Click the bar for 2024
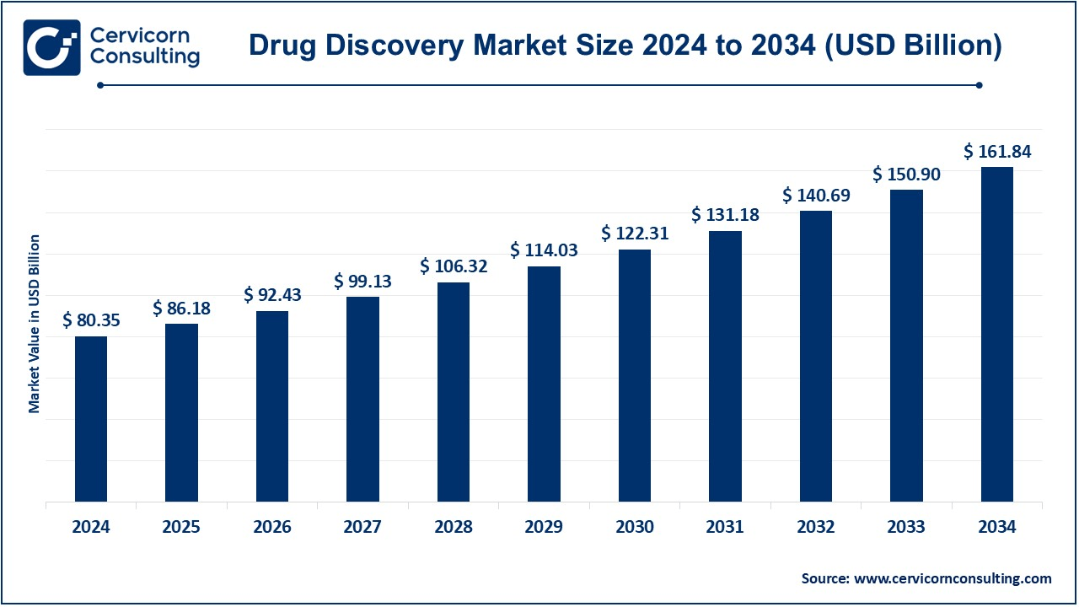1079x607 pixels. pyautogui.click(x=91, y=419)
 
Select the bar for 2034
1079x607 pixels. pyautogui.click(x=997, y=334)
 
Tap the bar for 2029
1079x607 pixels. pyautogui.click(x=544, y=384)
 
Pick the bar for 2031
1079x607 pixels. pyautogui.click(x=725, y=366)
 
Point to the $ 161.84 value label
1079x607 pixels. pyautogui.click(x=997, y=152)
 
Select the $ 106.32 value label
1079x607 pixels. pyautogui.click(x=454, y=266)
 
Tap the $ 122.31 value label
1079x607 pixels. pyautogui.click(x=635, y=234)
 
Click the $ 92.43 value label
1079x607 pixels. pyautogui.click(x=272, y=295)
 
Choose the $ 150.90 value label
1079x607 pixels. pyautogui.click(x=906, y=174)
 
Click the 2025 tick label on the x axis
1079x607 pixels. pyautogui.click(x=181, y=527)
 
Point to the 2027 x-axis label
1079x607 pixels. pyautogui.click(x=362, y=527)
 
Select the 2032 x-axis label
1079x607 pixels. pyautogui.click(x=816, y=527)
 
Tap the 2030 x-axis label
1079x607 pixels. pyautogui.click(x=635, y=527)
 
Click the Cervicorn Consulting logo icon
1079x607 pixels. pyautogui.click(x=51, y=47)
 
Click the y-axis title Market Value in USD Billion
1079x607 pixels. pyautogui.click(x=35, y=324)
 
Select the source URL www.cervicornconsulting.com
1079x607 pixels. pyautogui.click(x=953, y=578)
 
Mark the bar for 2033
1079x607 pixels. pyautogui.click(x=906, y=346)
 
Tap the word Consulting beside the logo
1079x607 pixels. pyautogui.click(x=144, y=57)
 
